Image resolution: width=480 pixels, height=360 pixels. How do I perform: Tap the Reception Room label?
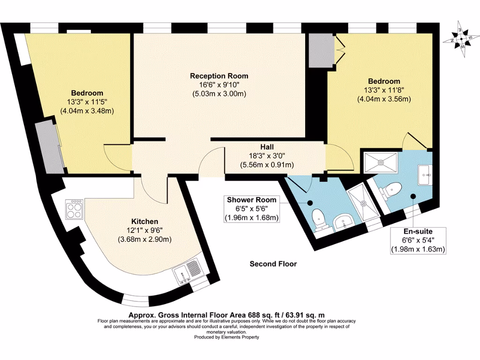point(219,76)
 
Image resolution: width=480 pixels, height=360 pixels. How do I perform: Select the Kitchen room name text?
point(144,221)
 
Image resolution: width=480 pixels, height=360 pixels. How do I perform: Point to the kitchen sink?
point(188,274)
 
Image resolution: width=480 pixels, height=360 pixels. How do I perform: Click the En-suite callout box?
point(419,240)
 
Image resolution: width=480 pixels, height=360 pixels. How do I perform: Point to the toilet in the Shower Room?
point(318,218)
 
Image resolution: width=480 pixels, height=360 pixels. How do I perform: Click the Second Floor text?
point(273,264)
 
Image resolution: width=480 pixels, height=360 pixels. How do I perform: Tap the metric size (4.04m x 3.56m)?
point(384,99)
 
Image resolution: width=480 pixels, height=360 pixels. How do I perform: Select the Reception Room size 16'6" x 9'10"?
point(219,85)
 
